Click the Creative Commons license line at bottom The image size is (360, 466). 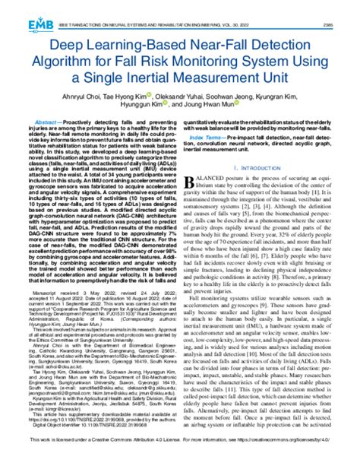[x=180, y=458]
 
